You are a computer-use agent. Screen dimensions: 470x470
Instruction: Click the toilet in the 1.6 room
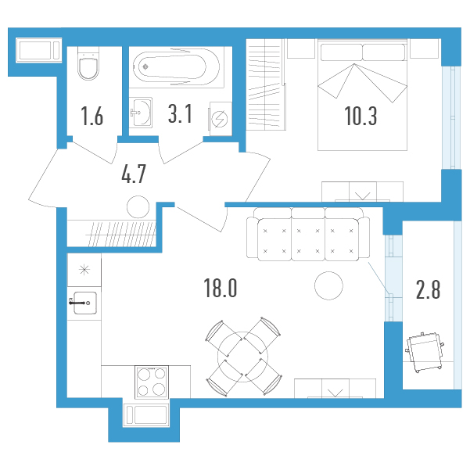click(88, 63)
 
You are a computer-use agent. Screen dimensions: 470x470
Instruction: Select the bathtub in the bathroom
click(177, 67)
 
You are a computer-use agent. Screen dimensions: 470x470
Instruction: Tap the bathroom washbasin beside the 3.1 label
click(141, 113)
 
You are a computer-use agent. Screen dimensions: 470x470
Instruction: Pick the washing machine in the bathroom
click(221, 119)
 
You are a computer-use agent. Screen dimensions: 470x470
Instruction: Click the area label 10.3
click(361, 116)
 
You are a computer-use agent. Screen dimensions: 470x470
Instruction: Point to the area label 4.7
click(134, 174)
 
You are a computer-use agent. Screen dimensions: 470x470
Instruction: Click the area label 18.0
click(221, 288)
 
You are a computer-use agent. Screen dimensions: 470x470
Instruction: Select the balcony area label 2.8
click(428, 289)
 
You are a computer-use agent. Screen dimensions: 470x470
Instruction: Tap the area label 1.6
click(92, 116)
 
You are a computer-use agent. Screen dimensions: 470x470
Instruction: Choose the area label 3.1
click(180, 114)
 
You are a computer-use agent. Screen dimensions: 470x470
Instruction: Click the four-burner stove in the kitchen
click(152, 382)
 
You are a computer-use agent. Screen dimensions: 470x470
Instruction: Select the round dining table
click(243, 357)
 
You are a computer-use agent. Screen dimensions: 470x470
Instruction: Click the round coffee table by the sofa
click(328, 285)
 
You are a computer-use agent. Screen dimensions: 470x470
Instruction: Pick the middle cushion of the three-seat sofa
click(308, 239)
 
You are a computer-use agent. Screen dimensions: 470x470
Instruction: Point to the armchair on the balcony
click(425, 352)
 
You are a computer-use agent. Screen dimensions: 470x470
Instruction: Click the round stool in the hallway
click(138, 206)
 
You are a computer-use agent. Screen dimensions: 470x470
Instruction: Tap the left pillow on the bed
click(341, 52)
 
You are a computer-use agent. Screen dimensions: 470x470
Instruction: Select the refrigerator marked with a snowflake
click(84, 270)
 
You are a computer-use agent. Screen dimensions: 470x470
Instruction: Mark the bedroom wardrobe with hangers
click(266, 84)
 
